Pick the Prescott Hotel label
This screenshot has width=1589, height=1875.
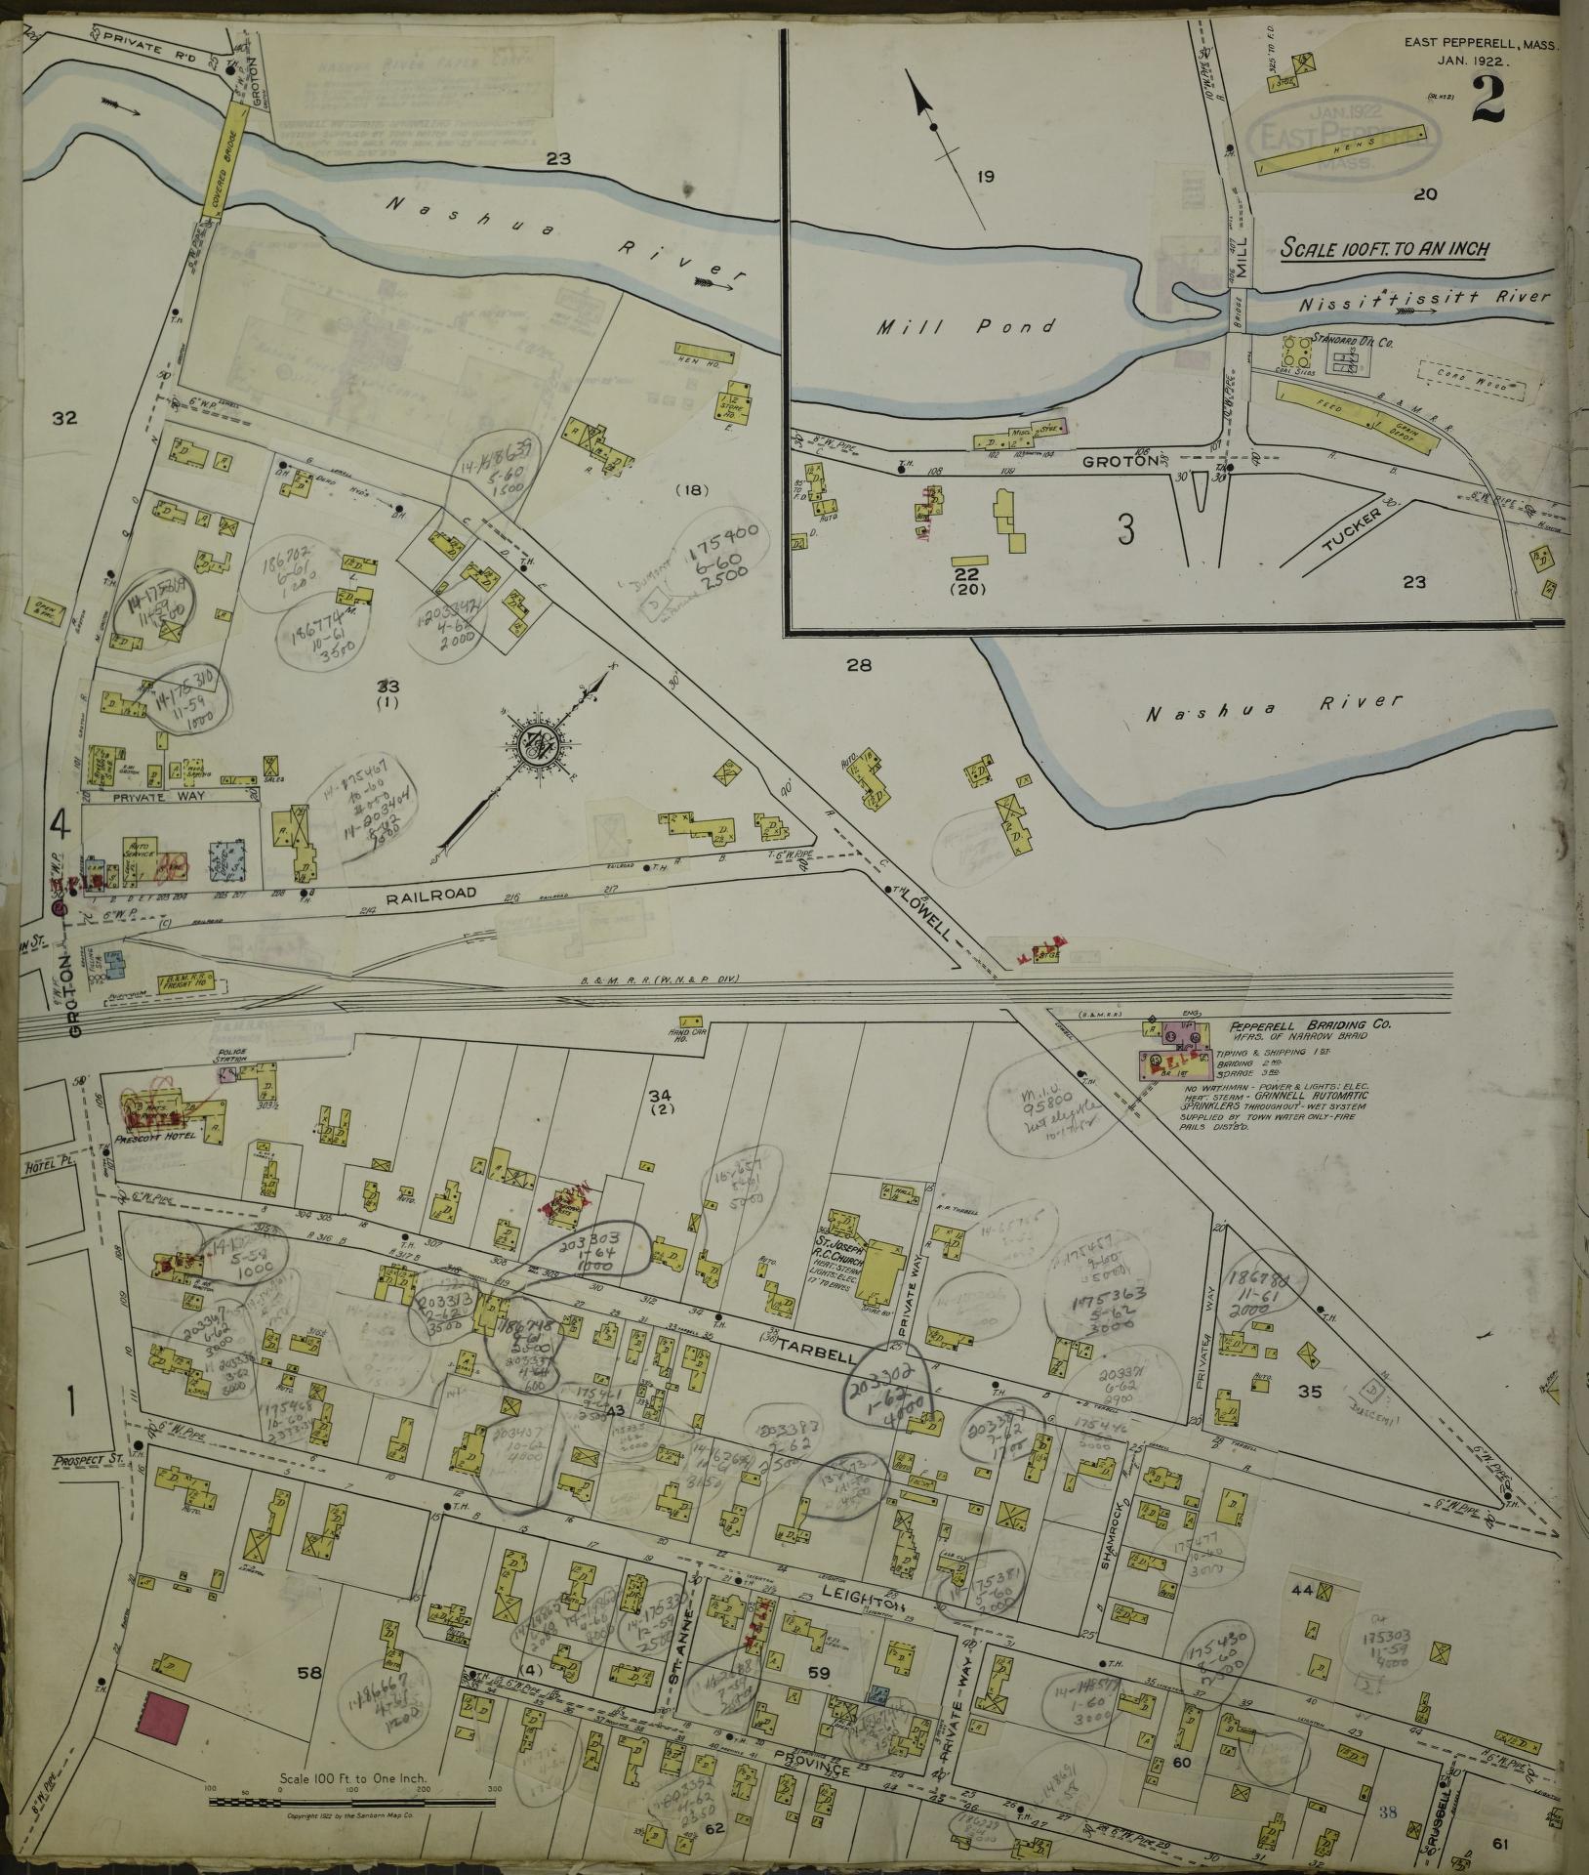pyautogui.click(x=161, y=1136)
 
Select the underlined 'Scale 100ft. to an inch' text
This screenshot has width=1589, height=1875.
pyautogui.click(x=1383, y=249)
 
